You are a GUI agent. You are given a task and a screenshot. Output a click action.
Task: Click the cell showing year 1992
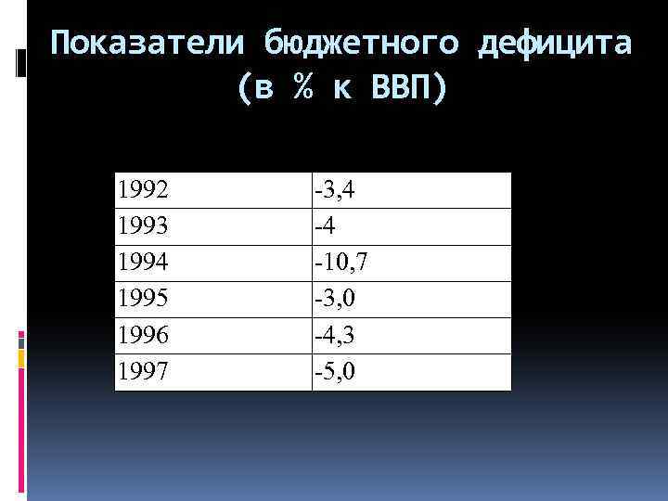tap(143, 191)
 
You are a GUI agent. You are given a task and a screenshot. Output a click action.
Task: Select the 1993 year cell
tap(143, 227)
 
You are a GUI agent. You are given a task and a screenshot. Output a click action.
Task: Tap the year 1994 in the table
tap(143, 263)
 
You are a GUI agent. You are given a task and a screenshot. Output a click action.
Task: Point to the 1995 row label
tap(143, 300)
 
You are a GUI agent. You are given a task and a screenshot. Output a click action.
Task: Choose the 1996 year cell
tap(143, 336)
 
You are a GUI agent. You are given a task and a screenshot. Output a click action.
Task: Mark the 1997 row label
tap(143, 372)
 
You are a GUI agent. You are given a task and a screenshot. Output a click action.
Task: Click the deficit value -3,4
tap(337, 191)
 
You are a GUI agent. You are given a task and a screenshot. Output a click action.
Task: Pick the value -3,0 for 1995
tap(337, 300)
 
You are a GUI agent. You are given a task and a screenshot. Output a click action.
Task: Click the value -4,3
tap(337, 336)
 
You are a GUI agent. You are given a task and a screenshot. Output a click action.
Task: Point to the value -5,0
tap(337, 372)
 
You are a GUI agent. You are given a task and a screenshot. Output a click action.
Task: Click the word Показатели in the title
tap(148, 44)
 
